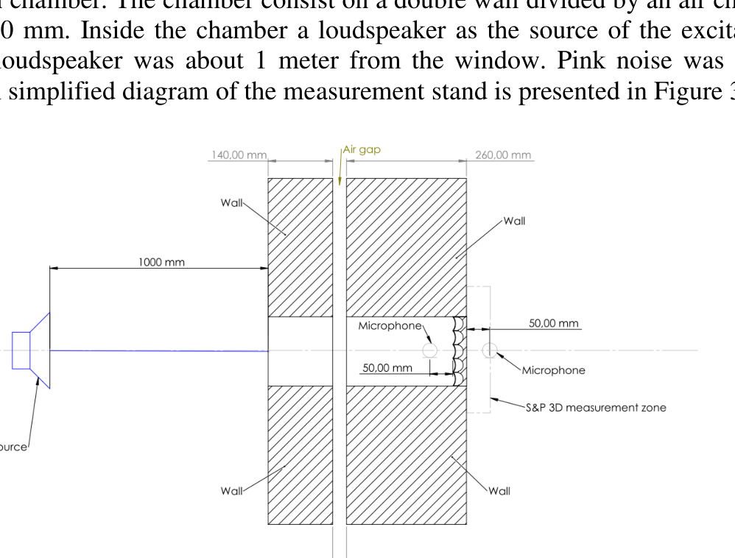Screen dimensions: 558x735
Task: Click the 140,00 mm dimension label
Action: (x=238, y=155)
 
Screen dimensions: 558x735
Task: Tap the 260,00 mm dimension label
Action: (x=503, y=155)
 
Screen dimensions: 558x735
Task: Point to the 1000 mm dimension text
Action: (x=161, y=262)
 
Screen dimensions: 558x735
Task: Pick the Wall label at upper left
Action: (x=231, y=202)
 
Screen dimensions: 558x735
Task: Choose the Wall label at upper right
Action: (x=514, y=221)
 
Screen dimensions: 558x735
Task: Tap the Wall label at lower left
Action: (x=231, y=491)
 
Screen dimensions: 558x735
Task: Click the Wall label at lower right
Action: (x=499, y=491)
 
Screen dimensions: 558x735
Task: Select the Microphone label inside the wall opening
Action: (x=390, y=325)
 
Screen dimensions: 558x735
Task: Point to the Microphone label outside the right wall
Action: (x=553, y=370)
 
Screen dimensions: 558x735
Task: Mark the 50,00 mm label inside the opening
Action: (x=387, y=367)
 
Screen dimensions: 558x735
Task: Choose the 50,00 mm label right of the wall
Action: (x=554, y=323)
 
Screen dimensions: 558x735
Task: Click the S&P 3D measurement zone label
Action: (x=596, y=407)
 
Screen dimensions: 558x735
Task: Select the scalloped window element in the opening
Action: (x=459, y=351)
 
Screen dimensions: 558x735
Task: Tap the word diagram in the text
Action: (x=152, y=93)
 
